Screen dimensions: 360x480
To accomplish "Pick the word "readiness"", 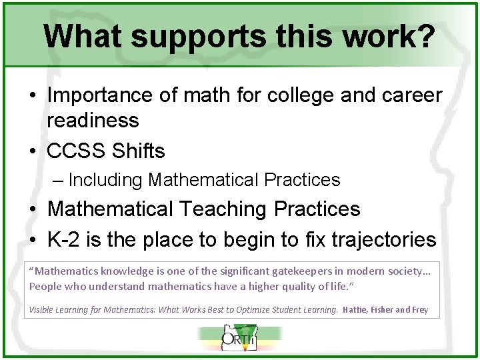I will click(x=93, y=121).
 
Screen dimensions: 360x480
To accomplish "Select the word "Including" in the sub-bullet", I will click(x=105, y=180).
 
